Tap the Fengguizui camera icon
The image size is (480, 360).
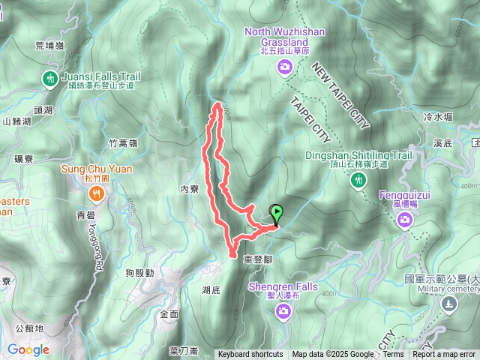click(406, 219)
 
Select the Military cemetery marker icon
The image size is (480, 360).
click(448, 304)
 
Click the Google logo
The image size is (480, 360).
click(28, 349)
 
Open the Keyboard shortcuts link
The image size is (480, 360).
click(250, 355)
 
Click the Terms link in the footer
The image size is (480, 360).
click(393, 355)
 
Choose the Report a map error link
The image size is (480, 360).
click(445, 355)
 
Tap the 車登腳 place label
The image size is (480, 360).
click(258, 259)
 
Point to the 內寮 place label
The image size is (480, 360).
click(189, 189)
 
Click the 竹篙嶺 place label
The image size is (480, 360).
click(122, 142)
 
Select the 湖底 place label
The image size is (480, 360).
click(211, 289)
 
